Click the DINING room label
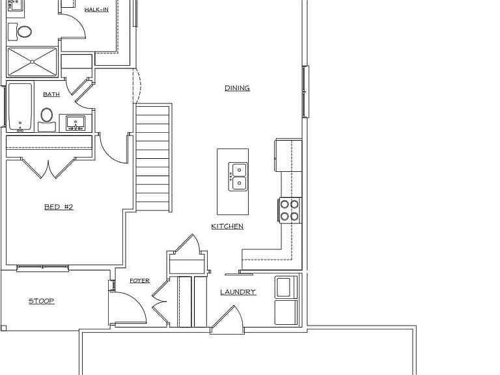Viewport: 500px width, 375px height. [x=237, y=88]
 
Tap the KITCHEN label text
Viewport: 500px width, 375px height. [x=227, y=227]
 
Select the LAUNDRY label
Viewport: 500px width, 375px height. [x=238, y=292]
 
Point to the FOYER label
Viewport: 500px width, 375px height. [x=140, y=281]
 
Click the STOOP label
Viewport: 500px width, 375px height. [x=42, y=301]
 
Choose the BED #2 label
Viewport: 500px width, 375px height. [x=59, y=207]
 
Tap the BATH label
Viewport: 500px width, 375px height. [x=51, y=94]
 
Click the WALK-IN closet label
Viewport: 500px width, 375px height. [x=96, y=10]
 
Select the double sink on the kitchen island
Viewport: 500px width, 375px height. [x=238, y=176]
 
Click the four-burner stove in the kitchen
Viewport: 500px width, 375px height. [x=290, y=210]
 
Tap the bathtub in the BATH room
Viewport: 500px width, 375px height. [x=20, y=107]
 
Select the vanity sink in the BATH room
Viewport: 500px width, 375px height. [x=76, y=123]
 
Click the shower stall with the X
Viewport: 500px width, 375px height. [x=32, y=62]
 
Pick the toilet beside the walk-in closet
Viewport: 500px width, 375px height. [x=20, y=32]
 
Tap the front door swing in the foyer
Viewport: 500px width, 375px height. [x=128, y=308]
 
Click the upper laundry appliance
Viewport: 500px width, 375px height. [x=286, y=287]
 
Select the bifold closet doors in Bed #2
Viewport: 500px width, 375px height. [x=48, y=168]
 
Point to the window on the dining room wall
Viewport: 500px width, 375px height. [x=305, y=92]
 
